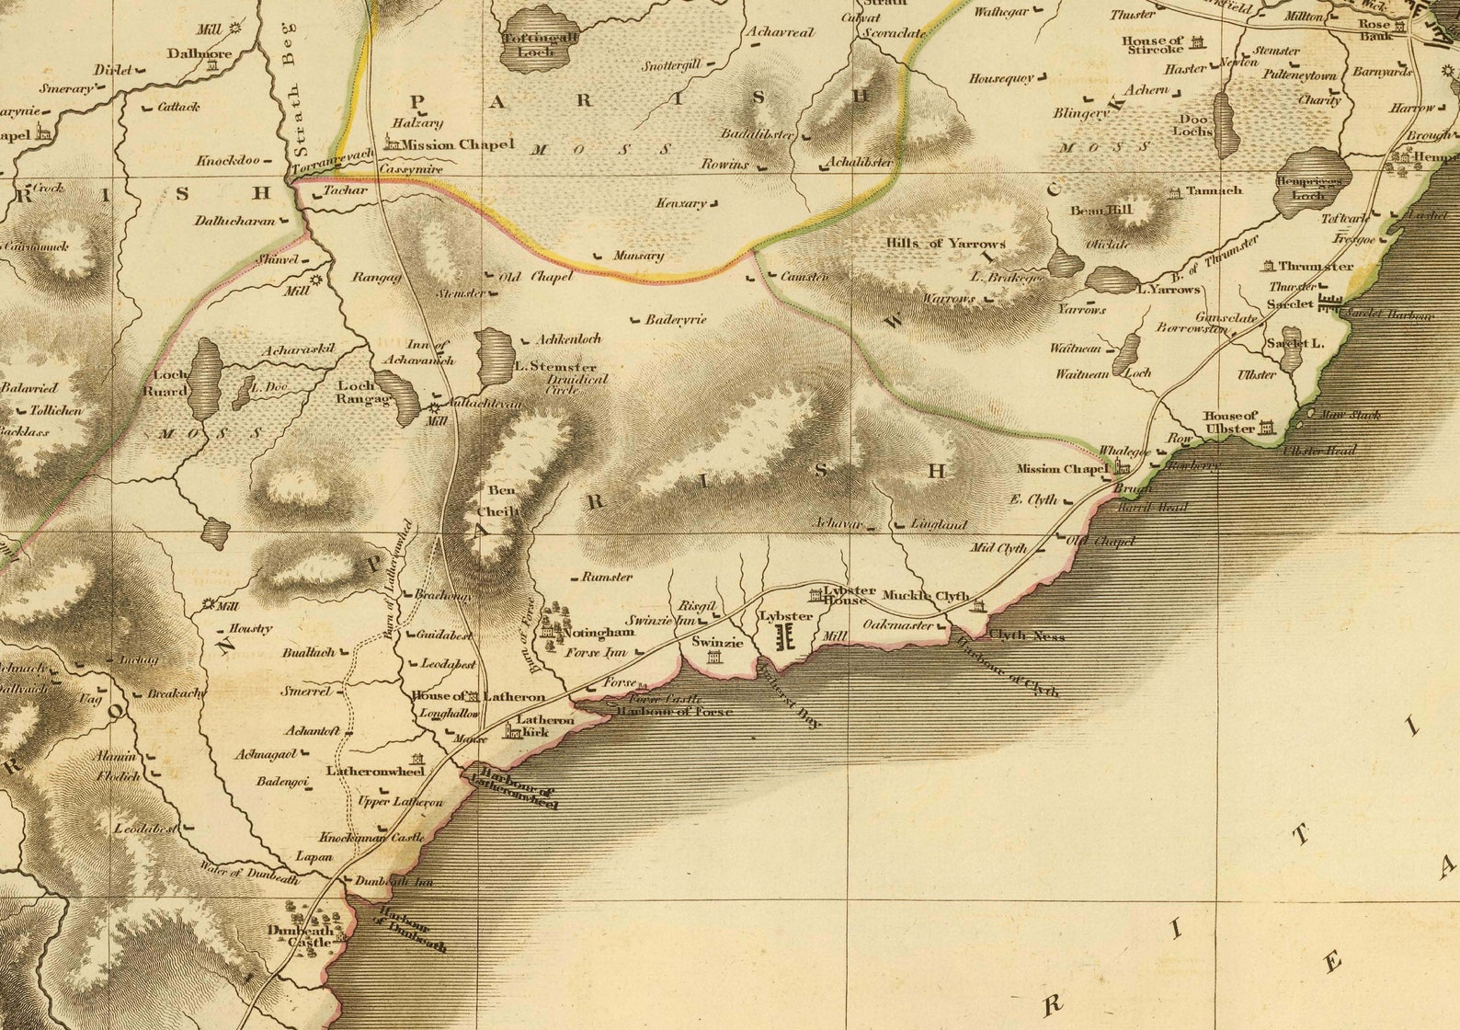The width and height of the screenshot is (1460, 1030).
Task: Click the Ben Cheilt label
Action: click(x=502, y=500)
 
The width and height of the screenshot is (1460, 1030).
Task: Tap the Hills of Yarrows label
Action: click(x=945, y=244)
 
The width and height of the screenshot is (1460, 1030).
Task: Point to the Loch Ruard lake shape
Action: click(x=204, y=378)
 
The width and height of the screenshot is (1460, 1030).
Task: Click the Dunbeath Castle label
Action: click(x=301, y=936)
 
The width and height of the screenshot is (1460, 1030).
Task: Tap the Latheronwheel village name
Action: click(x=375, y=771)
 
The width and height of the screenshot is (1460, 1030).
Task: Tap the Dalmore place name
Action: click(x=200, y=53)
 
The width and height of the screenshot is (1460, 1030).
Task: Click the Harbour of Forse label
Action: click(x=674, y=712)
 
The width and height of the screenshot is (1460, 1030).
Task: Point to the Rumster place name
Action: click(x=607, y=578)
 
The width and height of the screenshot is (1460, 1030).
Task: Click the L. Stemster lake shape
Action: click(x=496, y=359)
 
